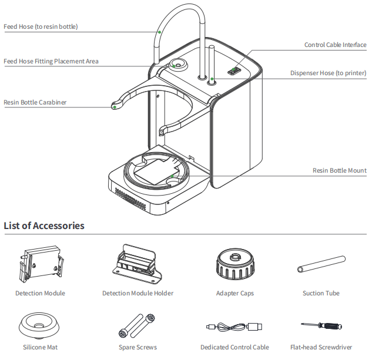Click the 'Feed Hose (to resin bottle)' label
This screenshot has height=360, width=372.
point(41,26)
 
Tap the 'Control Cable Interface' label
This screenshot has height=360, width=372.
point(335,45)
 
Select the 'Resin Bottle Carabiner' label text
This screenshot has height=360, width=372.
point(35,102)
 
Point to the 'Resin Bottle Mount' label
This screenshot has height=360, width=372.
point(340,170)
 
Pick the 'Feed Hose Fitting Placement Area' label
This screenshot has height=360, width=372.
point(51,61)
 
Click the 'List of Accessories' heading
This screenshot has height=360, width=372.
point(44,226)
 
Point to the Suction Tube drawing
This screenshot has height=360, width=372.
point(320,263)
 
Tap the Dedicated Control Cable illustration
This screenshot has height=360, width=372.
point(234,327)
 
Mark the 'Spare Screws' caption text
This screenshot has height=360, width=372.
point(138,347)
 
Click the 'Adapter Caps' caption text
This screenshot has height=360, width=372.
point(234,293)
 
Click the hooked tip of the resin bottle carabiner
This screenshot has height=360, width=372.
point(115,106)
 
